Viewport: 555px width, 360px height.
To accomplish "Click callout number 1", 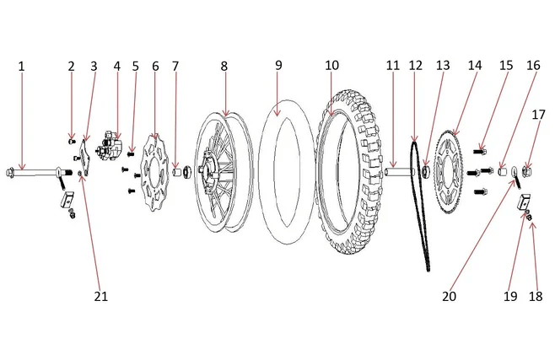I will click(22, 66).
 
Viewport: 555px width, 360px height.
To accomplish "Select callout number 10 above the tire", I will click(331, 66).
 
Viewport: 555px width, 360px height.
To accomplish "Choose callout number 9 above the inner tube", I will click(277, 66).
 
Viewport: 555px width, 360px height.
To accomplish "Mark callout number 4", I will click(116, 66).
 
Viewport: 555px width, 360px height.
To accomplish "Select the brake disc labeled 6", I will click(154, 169).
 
